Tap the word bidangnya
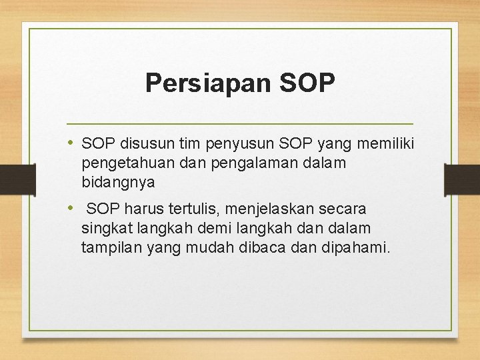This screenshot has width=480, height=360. pos(118,182)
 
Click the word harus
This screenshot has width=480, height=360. pos(137,209)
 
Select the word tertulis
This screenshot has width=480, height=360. pos(184,209)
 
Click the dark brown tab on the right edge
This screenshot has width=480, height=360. pos(461,179)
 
